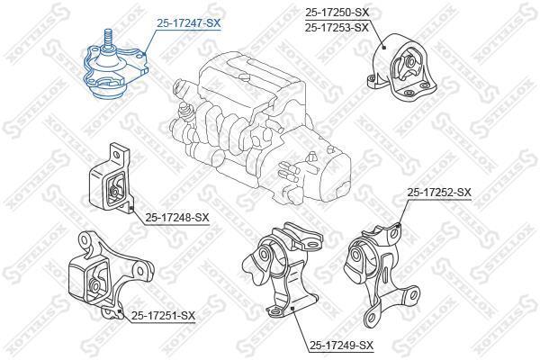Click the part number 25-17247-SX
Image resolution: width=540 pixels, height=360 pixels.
click(188, 23)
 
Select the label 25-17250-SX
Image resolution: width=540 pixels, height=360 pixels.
click(337, 13)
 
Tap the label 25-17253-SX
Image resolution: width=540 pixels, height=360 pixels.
click(337, 27)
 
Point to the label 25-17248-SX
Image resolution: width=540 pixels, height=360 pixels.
click(177, 218)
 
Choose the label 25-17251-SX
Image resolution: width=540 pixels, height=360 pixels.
click(163, 315)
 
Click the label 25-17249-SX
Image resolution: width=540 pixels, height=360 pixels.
click(342, 345)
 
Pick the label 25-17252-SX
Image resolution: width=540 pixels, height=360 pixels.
click(439, 193)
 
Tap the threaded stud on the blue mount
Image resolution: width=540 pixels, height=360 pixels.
click(109, 39)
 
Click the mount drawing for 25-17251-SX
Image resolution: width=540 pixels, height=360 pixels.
click(111, 274)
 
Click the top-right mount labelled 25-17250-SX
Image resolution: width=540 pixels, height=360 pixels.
click(403, 67)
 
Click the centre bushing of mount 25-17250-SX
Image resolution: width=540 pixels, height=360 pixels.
click(410, 62)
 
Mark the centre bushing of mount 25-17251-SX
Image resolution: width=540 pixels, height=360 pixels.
click(94, 285)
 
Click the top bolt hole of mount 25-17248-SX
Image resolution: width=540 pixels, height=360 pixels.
click(116, 155)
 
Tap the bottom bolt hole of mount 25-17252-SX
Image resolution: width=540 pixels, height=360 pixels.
click(371, 318)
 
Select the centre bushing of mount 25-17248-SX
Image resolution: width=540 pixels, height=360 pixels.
click(113, 191)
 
